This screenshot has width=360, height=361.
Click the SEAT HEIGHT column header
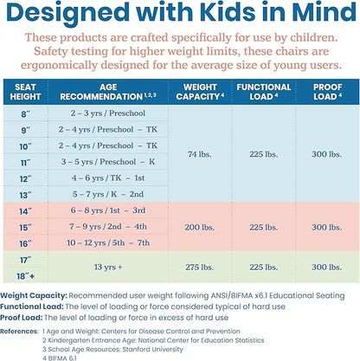(25, 92)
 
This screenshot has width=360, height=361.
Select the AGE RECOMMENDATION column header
(108, 92)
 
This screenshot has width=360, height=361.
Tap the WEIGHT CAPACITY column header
(200, 92)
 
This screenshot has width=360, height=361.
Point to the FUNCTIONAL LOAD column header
(264, 92)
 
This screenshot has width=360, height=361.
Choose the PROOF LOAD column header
(328, 92)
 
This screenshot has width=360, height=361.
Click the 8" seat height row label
(25, 114)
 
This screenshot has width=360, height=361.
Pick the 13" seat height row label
(25, 195)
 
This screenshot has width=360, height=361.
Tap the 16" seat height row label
(25, 244)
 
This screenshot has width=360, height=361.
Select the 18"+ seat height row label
(25, 276)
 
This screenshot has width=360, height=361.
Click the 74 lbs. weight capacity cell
(200, 154)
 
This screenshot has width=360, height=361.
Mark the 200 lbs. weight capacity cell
(200, 228)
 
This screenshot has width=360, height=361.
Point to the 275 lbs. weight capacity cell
(200, 268)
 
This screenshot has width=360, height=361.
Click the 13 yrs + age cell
(108, 268)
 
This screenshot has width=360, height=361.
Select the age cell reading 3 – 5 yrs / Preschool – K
(108, 162)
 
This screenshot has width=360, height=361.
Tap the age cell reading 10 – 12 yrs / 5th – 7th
(108, 243)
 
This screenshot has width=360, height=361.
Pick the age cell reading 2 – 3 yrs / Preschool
(108, 113)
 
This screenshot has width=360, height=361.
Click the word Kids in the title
(228, 12)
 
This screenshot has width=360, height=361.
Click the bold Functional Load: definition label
(32, 306)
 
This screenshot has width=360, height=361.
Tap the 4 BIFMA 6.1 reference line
(60, 358)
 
